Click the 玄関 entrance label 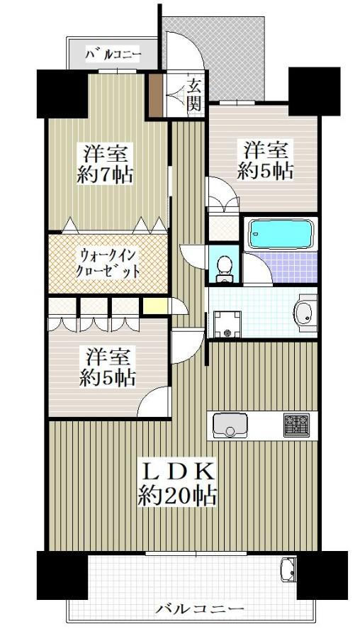tap(194, 95)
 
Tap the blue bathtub tap(281, 234)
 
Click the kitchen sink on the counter tap(230, 425)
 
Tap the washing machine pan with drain tap(227, 324)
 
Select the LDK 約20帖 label tap(178, 485)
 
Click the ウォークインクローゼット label tap(108, 264)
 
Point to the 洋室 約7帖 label tap(105, 165)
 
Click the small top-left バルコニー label tap(113, 54)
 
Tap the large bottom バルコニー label tap(199, 609)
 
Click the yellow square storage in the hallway tap(155, 307)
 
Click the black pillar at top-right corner tap(315, 91)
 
